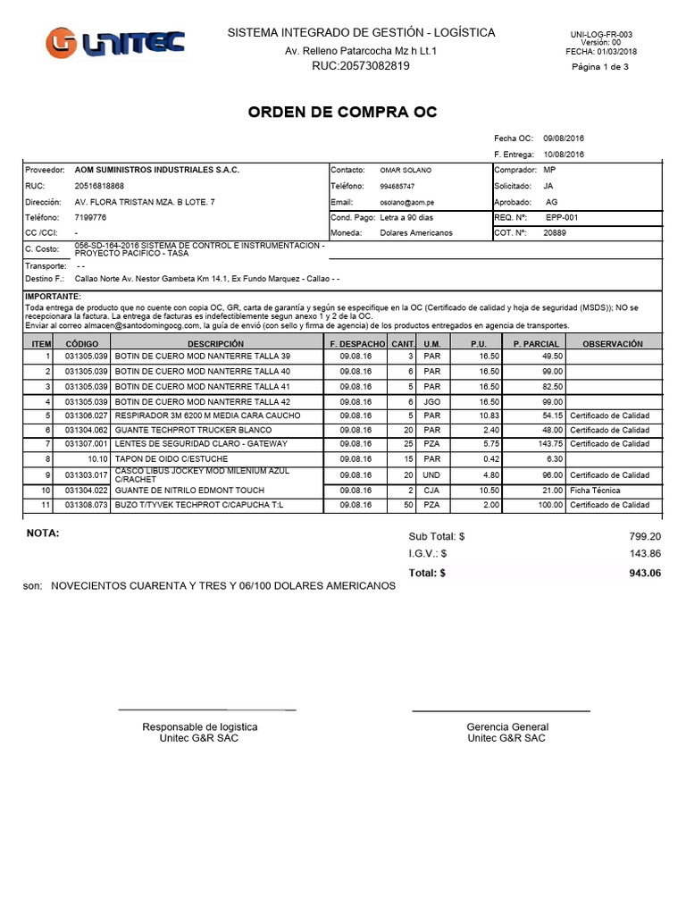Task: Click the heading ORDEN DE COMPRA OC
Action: [342, 113]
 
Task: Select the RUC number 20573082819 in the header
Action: [362, 66]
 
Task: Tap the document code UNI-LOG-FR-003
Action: [600, 35]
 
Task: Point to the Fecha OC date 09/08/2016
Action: [563, 139]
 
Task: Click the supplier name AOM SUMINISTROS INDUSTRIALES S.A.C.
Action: [156, 170]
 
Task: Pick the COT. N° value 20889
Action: [555, 233]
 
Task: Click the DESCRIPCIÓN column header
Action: [215, 343]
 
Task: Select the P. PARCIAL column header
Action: [536, 343]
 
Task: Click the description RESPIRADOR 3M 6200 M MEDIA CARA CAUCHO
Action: [208, 416]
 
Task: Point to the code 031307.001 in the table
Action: [86, 444]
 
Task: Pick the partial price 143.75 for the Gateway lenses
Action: [549, 444]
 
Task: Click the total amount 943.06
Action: [643, 573]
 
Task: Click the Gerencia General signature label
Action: [507, 726]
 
